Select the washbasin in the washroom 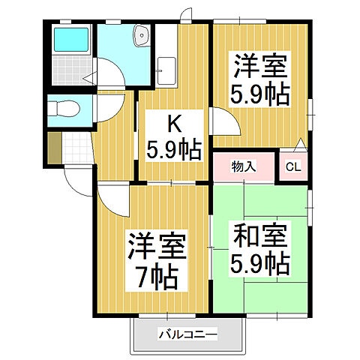point(140,34)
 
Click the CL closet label point(292,167)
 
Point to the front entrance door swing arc point(75,176)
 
